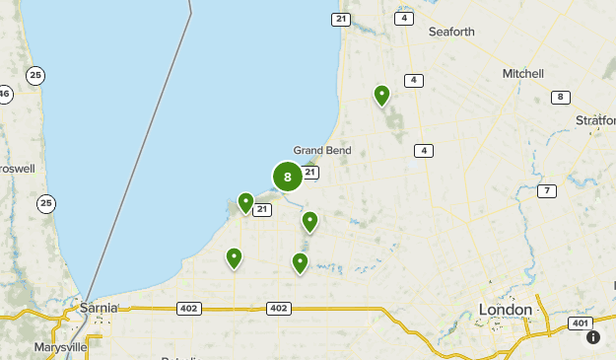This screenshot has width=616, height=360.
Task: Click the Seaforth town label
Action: tap(451, 32)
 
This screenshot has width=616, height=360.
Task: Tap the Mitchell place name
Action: tap(522, 74)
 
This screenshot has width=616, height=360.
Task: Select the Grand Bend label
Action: tap(321, 150)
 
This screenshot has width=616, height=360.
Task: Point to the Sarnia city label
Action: tap(100, 307)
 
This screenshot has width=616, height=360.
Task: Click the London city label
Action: tap(505, 310)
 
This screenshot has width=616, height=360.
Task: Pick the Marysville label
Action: tap(60, 347)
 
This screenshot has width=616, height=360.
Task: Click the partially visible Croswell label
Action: tap(17, 169)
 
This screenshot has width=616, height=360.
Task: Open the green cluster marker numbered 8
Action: tap(287, 178)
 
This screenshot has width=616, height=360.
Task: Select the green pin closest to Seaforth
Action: tap(381, 95)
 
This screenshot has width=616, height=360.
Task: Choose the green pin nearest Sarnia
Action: tap(235, 257)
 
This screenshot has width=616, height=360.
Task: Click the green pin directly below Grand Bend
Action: tap(309, 221)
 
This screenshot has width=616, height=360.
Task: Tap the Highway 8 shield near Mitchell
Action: tap(561, 97)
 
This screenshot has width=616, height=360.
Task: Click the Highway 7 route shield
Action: tap(546, 190)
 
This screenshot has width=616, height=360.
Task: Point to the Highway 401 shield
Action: tap(580, 324)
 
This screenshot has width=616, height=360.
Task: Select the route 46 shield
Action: tap(5, 95)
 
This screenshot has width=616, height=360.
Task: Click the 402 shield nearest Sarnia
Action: tap(189, 309)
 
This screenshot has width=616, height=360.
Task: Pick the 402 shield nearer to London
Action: tap(278, 309)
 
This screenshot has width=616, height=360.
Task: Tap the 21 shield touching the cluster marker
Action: tap(310, 173)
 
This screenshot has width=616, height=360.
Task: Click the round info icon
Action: tap(593, 337)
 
